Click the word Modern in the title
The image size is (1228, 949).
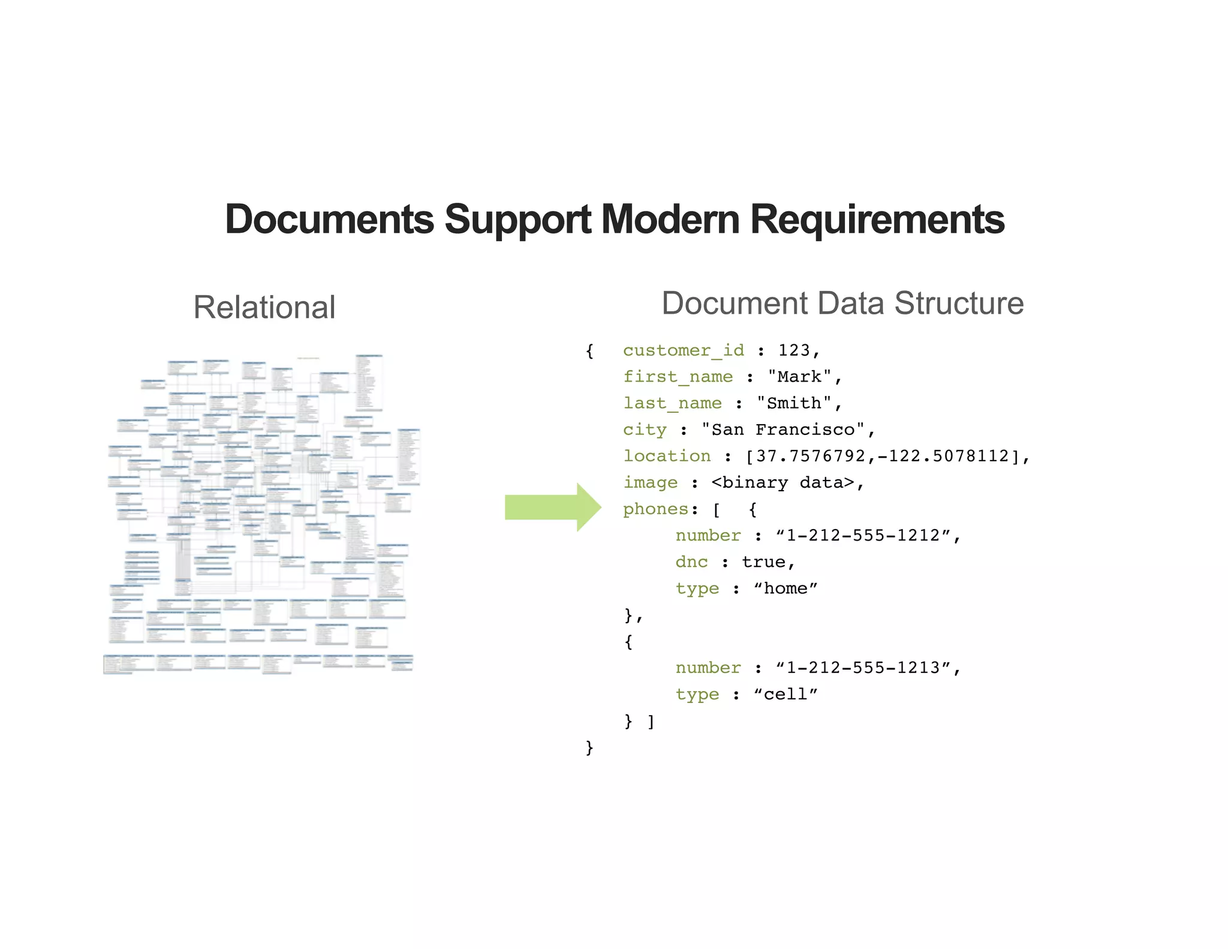(670, 220)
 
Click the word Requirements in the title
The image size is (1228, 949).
(877, 220)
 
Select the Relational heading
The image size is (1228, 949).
(264, 308)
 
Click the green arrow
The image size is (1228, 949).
(552, 507)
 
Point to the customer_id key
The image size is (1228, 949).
(683, 350)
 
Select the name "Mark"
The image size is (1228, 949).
(799, 377)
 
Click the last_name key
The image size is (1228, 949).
(672, 403)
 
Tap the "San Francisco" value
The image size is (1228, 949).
(783, 430)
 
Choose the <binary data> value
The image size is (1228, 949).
(782, 483)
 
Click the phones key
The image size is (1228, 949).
(655, 509)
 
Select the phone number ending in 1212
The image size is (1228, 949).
(863, 535)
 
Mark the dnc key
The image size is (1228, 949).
(691, 562)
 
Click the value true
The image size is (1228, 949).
(763, 562)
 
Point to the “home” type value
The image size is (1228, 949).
(785, 588)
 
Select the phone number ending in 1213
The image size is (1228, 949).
(863, 668)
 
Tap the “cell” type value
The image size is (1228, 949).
(785, 694)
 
